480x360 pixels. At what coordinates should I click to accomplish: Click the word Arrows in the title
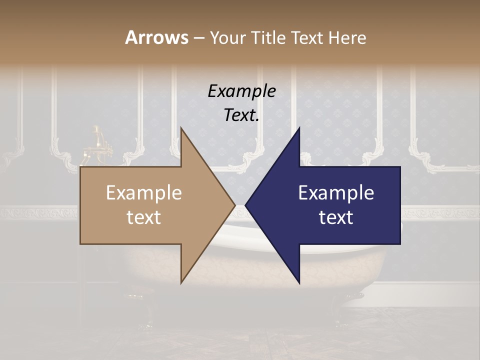point(156,37)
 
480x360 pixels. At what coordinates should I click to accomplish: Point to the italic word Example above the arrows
point(241,91)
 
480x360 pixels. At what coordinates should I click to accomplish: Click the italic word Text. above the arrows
point(241,115)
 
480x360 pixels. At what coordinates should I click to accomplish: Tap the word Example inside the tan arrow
point(143,193)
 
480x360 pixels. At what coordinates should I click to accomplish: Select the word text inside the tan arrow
point(143,217)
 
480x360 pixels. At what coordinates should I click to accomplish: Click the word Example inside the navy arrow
point(336,193)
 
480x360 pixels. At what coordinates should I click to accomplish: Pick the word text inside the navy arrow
point(336,217)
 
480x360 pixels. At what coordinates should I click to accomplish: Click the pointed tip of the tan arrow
point(234,205)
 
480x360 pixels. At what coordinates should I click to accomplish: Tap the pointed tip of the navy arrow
point(246,205)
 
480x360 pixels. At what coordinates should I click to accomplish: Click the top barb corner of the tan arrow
point(181,128)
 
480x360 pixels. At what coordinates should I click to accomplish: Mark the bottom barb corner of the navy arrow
point(299,283)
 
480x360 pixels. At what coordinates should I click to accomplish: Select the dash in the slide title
point(199,38)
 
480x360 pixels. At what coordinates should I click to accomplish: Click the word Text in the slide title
point(307,37)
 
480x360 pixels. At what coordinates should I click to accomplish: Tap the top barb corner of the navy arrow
point(299,128)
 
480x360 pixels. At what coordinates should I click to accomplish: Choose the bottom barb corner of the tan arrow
point(181,283)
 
